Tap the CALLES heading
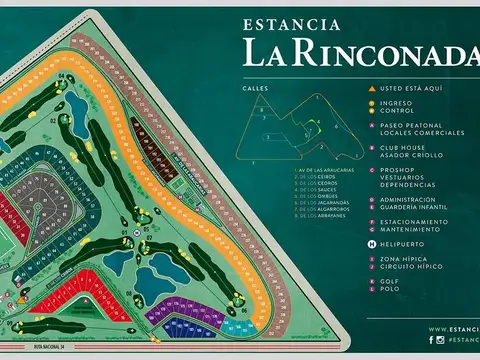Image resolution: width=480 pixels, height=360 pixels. pyautogui.click(x=253, y=88)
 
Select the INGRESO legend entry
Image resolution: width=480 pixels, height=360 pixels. pyautogui.click(x=397, y=102)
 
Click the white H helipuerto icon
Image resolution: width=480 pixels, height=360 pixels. pyautogui.click(x=371, y=244)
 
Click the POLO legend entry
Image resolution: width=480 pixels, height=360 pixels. pyautogui.click(x=389, y=289)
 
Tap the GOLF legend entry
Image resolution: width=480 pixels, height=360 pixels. pyautogui.click(x=389, y=282)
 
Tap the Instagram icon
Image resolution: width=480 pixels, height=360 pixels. pyautogui.click(x=442, y=342)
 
